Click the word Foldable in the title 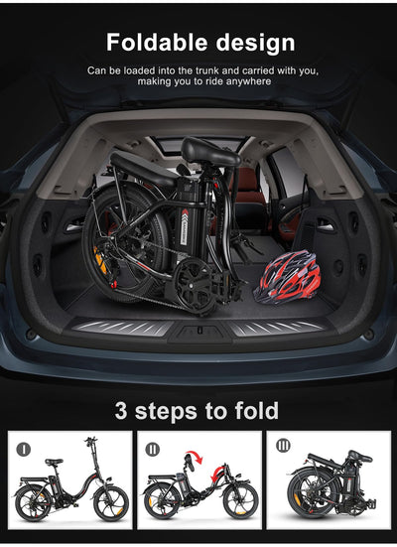tap(155, 43)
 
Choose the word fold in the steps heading tap(256, 410)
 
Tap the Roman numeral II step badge tap(153, 448)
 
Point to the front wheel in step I tap(110, 503)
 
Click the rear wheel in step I tap(34, 503)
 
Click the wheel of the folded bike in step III tap(311, 496)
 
